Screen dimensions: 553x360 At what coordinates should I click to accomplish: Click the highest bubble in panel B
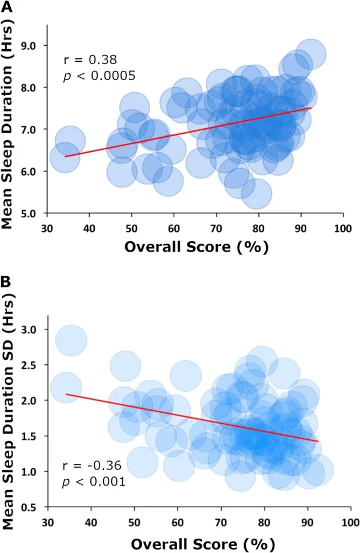click(71, 341)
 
